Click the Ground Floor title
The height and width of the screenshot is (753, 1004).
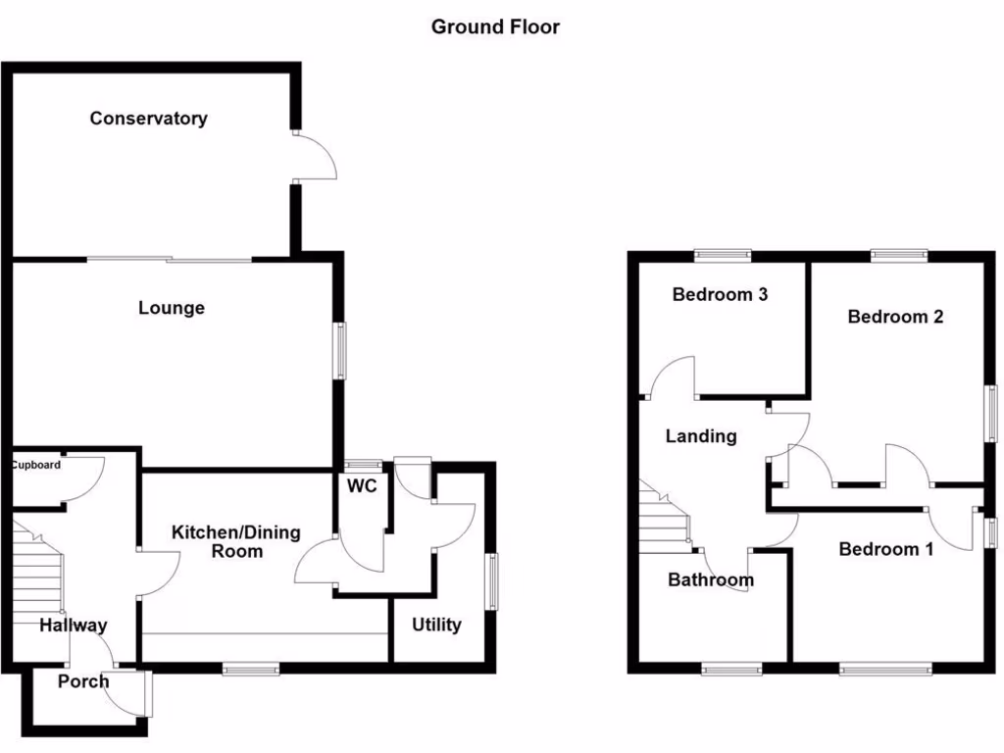[495, 27]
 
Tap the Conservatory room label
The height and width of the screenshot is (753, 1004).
[148, 119]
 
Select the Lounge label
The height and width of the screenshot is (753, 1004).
[172, 308]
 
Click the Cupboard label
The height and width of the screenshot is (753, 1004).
[36, 465]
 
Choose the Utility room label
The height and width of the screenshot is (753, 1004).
[436, 625]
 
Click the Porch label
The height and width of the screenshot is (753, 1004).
[83, 681]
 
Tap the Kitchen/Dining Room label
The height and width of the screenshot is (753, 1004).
[236, 542]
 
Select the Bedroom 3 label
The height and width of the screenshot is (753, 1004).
[720, 294]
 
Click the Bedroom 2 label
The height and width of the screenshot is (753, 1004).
[895, 317]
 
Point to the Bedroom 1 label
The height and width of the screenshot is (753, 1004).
[886, 549]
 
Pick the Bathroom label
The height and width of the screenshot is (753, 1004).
[711, 580]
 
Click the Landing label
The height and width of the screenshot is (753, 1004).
[701, 436]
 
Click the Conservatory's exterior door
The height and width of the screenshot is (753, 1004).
[314, 154]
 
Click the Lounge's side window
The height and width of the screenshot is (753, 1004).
[341, 350]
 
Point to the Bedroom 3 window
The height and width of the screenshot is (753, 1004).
[724, 256]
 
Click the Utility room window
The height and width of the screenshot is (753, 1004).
[492, 580]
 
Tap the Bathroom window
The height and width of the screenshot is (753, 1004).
[731, 670]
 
